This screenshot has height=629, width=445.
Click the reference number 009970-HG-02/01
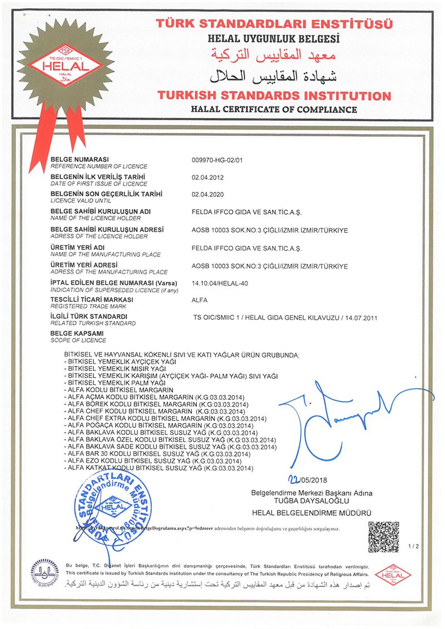tap(217, 161)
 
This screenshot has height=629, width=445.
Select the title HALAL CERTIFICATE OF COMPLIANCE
tap(273, 109)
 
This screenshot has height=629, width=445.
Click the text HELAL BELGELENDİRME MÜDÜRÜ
tap(311, 512)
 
